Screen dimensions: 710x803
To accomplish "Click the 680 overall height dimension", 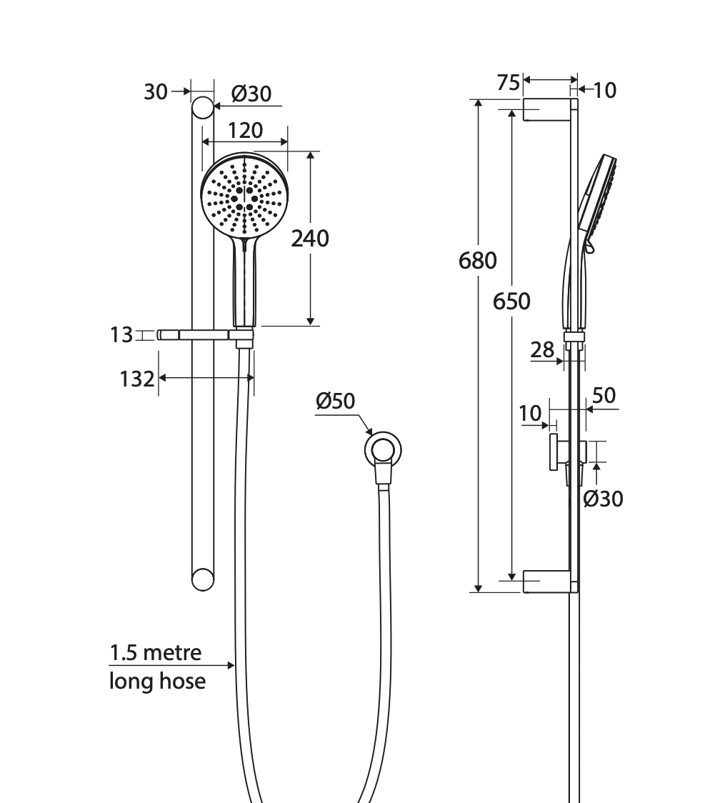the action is [x=477, y=261].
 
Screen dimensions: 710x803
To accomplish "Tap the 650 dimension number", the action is [x=511, y=301].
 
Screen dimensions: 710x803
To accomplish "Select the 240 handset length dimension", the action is [x=310, y=239].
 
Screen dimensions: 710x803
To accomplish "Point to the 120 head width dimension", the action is [x=245, y=131].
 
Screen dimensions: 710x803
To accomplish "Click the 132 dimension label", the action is [x=136, y=379].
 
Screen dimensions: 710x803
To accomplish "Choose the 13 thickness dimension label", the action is [x=121, y=335].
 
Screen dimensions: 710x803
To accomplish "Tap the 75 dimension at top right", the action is [x=509, y=82].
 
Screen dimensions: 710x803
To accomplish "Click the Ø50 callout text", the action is [x=335, y=401].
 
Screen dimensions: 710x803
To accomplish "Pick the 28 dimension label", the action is [x=542, y=350].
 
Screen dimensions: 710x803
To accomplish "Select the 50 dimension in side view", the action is [x=604, y=395].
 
